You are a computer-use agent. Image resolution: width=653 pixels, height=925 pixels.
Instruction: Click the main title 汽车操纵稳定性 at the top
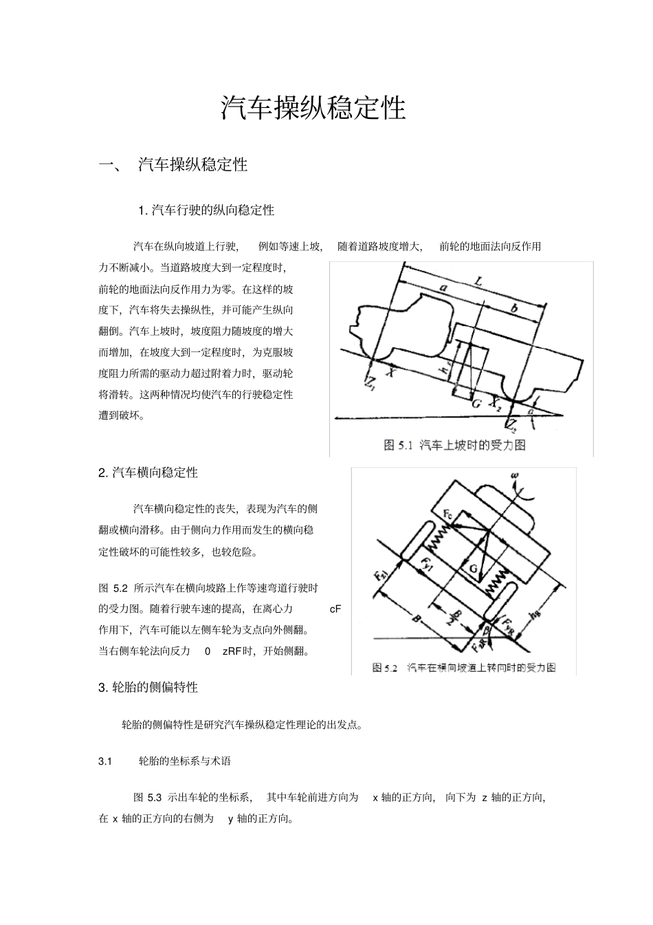click(313, 108)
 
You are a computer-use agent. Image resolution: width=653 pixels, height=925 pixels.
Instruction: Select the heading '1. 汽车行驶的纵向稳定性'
click(206, 210)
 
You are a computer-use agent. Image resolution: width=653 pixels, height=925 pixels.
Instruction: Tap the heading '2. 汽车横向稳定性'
click(148, 472)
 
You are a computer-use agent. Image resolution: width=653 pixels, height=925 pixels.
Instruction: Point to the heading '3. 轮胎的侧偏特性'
click(148, 687)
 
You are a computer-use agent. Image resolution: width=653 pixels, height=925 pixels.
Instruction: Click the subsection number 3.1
click(105, 761)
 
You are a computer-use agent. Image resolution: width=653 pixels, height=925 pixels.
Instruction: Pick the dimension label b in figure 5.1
click(514, 310)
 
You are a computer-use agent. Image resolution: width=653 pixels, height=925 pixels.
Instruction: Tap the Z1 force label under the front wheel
click(371, 382)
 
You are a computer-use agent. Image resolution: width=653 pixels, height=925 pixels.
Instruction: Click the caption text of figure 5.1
click(454, 445)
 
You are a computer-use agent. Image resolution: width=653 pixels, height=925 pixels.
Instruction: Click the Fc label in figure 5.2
click(447, 514)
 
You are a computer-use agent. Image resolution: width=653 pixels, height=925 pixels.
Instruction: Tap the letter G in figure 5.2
click(473, 568)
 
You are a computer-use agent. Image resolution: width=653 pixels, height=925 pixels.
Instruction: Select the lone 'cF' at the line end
click(335, 609)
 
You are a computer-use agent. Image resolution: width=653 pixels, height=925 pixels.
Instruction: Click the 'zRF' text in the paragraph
click(232, 651)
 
